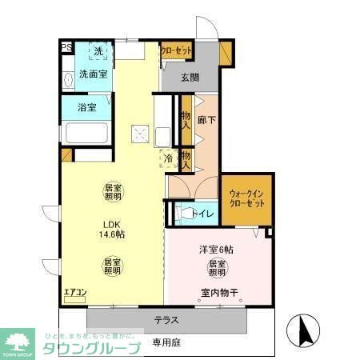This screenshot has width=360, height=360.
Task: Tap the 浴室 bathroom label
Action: [86, 106]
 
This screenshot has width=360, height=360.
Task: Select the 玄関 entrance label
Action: [190, 78]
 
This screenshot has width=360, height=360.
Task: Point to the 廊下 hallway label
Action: [206, 121]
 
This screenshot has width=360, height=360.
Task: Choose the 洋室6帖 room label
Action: [216, 250]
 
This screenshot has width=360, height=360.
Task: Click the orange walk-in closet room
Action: [247, 199]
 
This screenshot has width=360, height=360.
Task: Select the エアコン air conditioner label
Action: [75, 294]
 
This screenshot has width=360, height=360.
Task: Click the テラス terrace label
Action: [166, 320]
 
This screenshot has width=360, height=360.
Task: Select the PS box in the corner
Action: [66, 47]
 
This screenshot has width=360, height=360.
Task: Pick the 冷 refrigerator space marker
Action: [169, 158]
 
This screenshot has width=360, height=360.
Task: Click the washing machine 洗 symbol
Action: [98, 52]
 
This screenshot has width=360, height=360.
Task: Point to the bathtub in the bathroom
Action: [89, 133]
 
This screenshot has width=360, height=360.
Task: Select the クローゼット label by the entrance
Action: [177, 50]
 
